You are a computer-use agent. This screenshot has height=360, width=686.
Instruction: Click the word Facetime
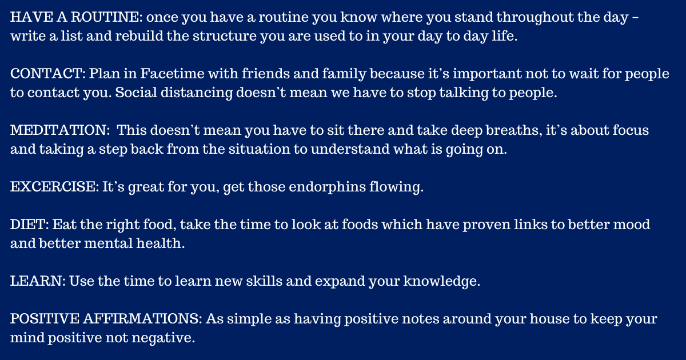172,74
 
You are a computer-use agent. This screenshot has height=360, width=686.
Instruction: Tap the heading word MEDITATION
58,130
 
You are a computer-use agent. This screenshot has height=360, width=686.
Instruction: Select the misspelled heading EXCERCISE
53,187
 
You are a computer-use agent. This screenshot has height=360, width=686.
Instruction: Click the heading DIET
28,225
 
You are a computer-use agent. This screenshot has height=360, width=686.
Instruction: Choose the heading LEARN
36,281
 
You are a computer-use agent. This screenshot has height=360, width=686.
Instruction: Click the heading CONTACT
46,74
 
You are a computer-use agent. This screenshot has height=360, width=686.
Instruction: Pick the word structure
225,36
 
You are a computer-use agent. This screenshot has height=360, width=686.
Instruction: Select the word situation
259,149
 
